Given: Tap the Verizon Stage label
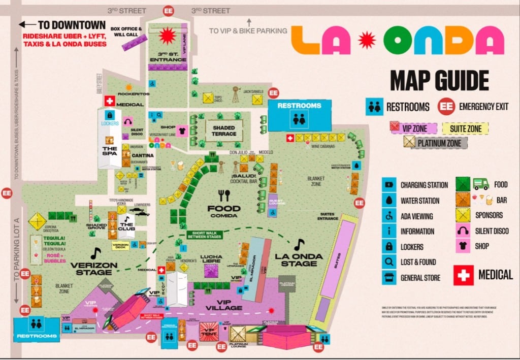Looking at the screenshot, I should point(94,268).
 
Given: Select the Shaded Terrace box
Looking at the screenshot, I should point(224,130).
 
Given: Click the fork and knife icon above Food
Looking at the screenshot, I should point(224,195).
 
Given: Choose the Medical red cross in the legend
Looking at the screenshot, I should point(463,275).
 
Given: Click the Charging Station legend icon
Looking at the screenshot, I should point(388,185).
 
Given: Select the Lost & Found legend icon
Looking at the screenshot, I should point(388,262).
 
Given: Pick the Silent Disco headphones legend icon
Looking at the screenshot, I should point(463,231).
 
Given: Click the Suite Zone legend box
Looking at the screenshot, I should point(465,129).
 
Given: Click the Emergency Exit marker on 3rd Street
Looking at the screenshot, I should point(168,11).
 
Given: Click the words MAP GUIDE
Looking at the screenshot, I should point(439,81).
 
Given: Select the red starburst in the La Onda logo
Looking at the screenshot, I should point(366,40).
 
